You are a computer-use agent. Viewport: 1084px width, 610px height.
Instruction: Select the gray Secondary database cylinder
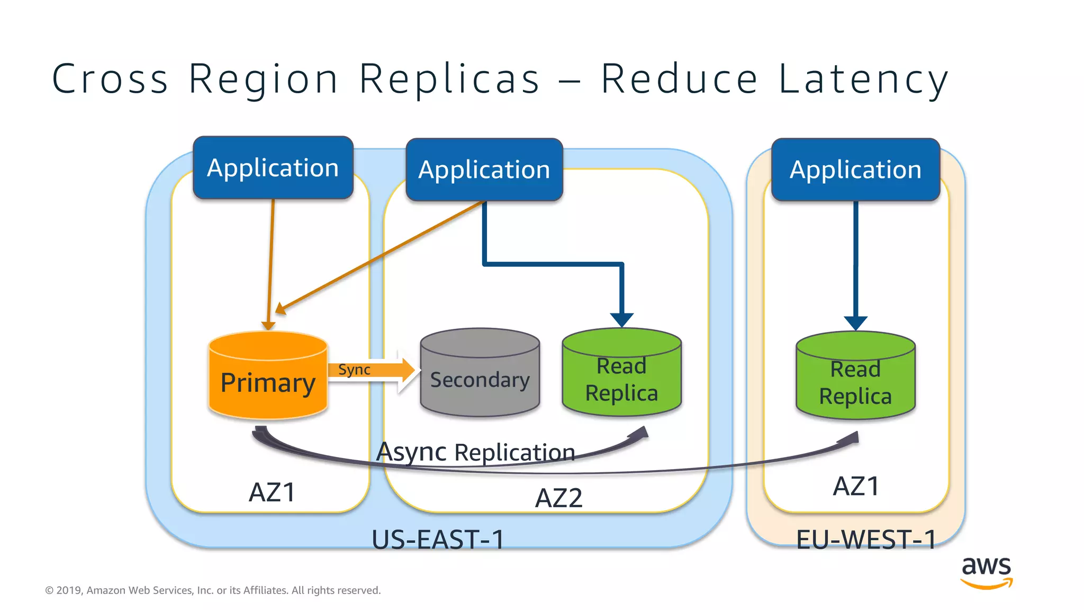[x=480, y=374]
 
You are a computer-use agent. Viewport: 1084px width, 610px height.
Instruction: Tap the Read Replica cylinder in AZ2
[x=621, y=374]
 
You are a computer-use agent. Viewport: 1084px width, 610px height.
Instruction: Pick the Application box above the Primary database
[x=273, y=168]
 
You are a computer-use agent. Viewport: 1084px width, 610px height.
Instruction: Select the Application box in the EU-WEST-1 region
[x=855, y=170]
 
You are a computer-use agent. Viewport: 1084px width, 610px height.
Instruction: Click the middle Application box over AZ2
[x=484, y=170]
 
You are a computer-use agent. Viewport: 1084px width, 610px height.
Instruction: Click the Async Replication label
[x=475, y=452]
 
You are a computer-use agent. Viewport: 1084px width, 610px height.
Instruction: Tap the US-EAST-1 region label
[x=438, y=540]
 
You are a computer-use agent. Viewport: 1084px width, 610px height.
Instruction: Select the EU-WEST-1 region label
[x=866, y=540]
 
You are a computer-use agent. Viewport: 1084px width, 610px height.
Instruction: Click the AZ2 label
[x=558, y=498]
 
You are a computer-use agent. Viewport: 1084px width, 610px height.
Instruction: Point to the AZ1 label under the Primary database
[x=272, y=492]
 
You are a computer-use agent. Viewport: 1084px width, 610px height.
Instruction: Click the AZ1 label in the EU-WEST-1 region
[x=856, y=486]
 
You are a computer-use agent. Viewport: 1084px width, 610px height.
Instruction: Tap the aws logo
[x=986, y=572]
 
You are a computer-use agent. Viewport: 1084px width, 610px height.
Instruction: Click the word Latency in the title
[x=863, y=79]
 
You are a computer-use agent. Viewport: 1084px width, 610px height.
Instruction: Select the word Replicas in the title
[x=449, y=79]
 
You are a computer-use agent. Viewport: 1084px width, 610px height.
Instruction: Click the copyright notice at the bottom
[x=213, y=590]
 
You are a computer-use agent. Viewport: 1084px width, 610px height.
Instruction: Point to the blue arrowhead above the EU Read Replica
[x=855, y=322]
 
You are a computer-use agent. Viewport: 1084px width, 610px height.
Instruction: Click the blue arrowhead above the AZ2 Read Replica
[x=621, y=319]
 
